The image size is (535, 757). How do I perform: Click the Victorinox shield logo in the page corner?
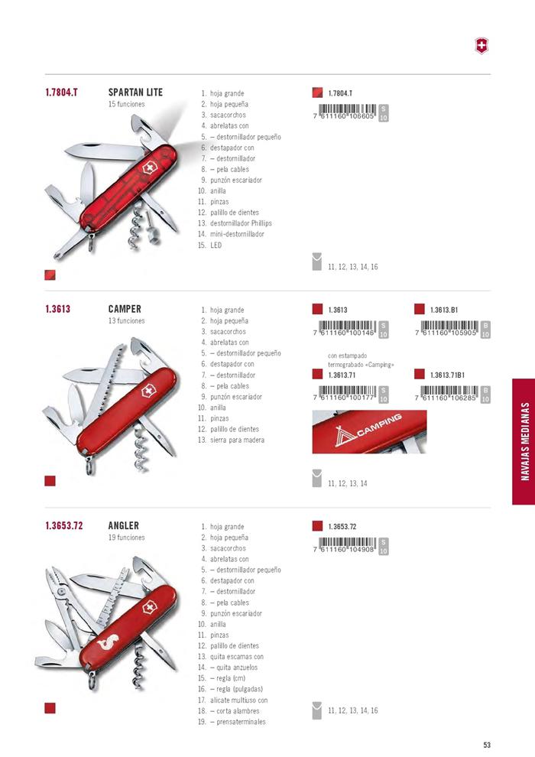481,47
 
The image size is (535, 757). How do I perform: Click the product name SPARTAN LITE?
135,93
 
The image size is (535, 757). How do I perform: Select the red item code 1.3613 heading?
58,309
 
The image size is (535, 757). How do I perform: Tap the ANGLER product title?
124,525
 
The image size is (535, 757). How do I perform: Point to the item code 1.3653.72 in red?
64,525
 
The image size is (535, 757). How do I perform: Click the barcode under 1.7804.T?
345,112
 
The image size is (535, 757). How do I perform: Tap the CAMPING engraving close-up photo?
369,431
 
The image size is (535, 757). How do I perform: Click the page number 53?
487,745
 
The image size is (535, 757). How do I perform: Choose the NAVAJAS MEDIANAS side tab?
524,442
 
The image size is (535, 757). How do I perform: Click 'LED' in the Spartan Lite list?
216,245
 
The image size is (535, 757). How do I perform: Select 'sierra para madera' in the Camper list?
238,440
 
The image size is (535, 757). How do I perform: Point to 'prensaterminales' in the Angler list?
241,722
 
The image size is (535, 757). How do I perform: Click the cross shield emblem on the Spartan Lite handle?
149,170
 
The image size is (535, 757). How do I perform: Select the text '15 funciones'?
126,104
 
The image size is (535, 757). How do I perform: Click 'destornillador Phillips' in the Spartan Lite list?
242,223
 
